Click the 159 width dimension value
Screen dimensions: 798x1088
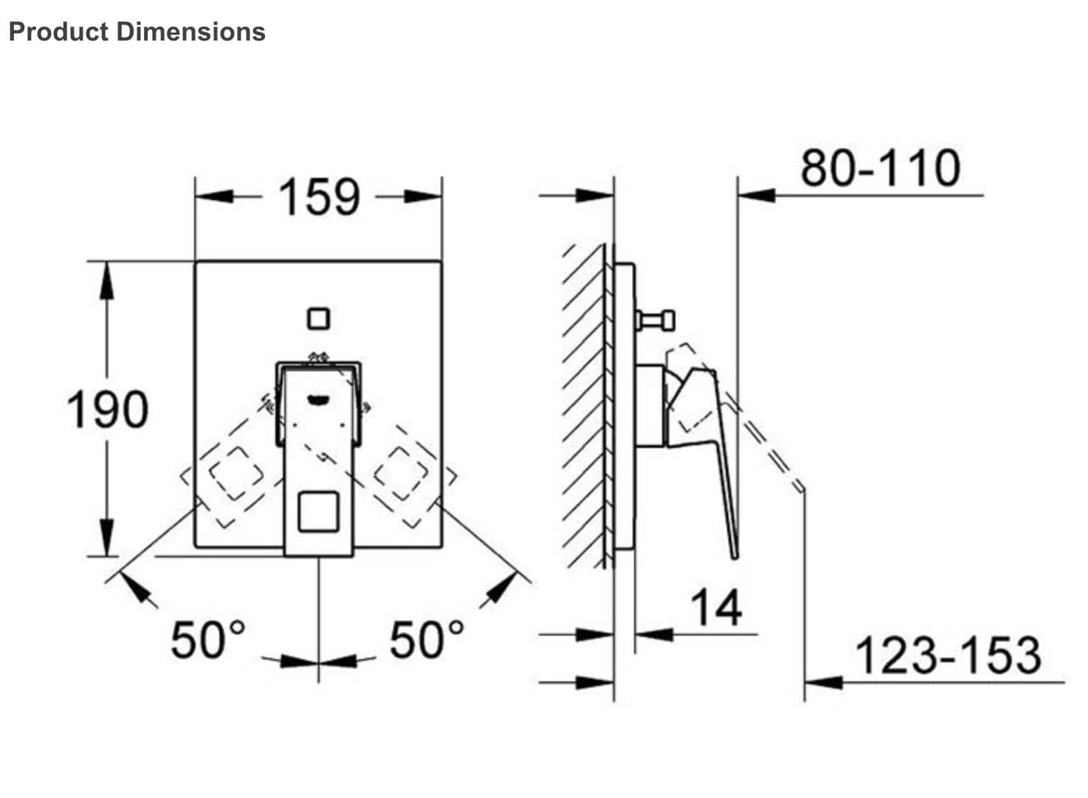(319, 197)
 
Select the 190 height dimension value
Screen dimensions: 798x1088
(107, 410)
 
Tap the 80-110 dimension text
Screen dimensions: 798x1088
(881, 168)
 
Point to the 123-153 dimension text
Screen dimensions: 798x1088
(948, 655)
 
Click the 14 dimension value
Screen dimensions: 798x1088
(716, 608)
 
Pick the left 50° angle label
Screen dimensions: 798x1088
(207, 639)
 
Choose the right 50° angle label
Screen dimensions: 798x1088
(427, 639)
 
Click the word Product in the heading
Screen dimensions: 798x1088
(58, 32)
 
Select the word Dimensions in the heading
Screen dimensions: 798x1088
(191, 32)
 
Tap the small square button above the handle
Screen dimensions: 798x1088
(318, 319)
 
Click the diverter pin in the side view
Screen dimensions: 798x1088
(655, 320)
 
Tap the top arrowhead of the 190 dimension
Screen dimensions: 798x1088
(108, 281)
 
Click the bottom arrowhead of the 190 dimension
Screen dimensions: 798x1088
(108, 537)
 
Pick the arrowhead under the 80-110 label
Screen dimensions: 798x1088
(757, 196)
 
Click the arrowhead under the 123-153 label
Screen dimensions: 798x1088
(824, 681)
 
